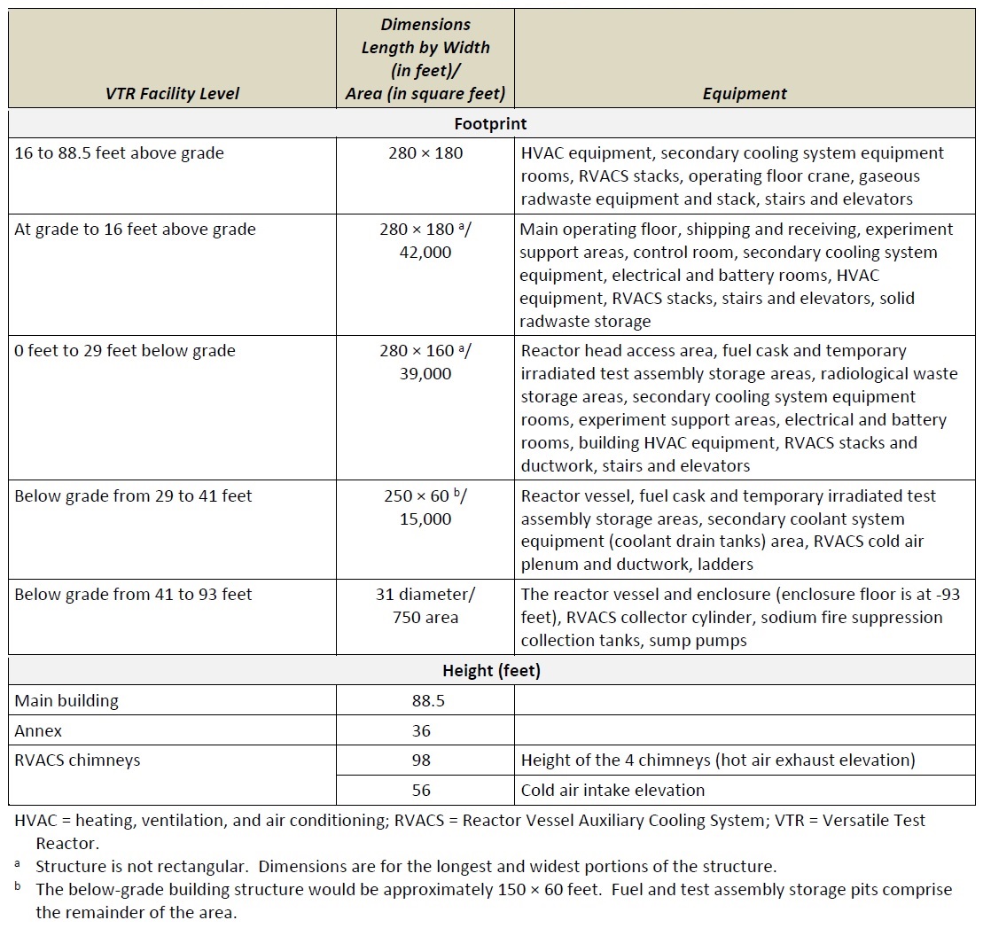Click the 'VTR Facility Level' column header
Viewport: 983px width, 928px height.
tap(172, 93)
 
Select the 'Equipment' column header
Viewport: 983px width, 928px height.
tap(745, 93)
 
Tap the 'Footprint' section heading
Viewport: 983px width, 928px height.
tap(490, 123)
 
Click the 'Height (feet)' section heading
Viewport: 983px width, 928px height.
tap(490, 671)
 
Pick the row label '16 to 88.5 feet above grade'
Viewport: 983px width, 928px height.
tap(119, 153)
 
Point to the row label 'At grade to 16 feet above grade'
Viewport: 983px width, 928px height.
tap(135, 230)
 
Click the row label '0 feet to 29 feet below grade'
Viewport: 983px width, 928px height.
tap(125, 351)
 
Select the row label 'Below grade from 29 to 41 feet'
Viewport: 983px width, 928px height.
tap(133, 496)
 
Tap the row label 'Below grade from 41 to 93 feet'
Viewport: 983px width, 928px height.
tap(133, 595)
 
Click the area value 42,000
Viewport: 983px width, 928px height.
tap(425, 253)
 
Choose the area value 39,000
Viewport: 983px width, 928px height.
tap(425, 374)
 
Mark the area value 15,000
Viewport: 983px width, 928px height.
tap(425, 519)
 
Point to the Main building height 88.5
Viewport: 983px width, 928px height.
tap(422, 701)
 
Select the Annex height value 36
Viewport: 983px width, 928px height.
tap(421, 731)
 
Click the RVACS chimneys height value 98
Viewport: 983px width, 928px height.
tap(421, 760)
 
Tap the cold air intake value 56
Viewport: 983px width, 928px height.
tap(421, 791)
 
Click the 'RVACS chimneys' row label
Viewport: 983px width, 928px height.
tap(77, 760)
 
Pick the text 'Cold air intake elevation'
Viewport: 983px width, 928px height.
tap(612, 791)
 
